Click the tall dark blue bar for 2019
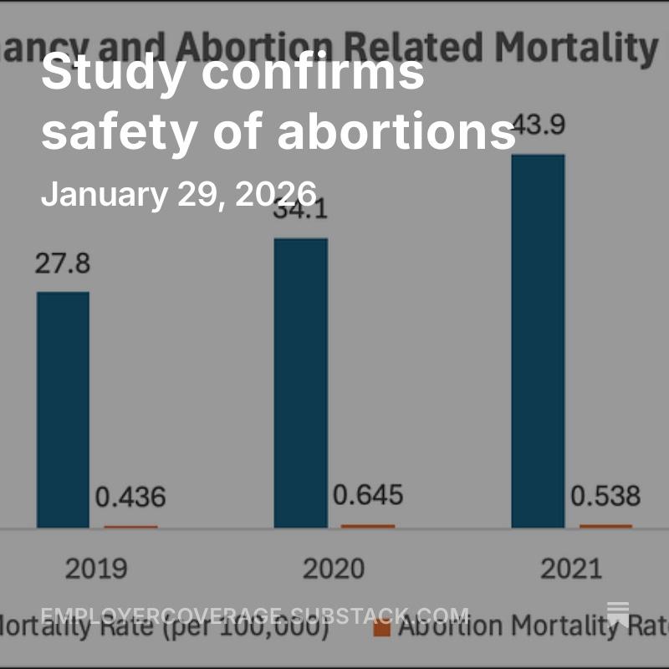point(63,410)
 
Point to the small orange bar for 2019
point(130,526)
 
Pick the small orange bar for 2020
point(368,525)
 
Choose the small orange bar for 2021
point(605,525)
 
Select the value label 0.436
point(130,498)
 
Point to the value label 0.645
point(368,495)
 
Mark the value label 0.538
point(605,496)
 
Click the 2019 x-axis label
point(97,569)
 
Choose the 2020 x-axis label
point(334,569)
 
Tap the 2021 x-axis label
point(571,569)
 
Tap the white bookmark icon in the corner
point(618,614)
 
